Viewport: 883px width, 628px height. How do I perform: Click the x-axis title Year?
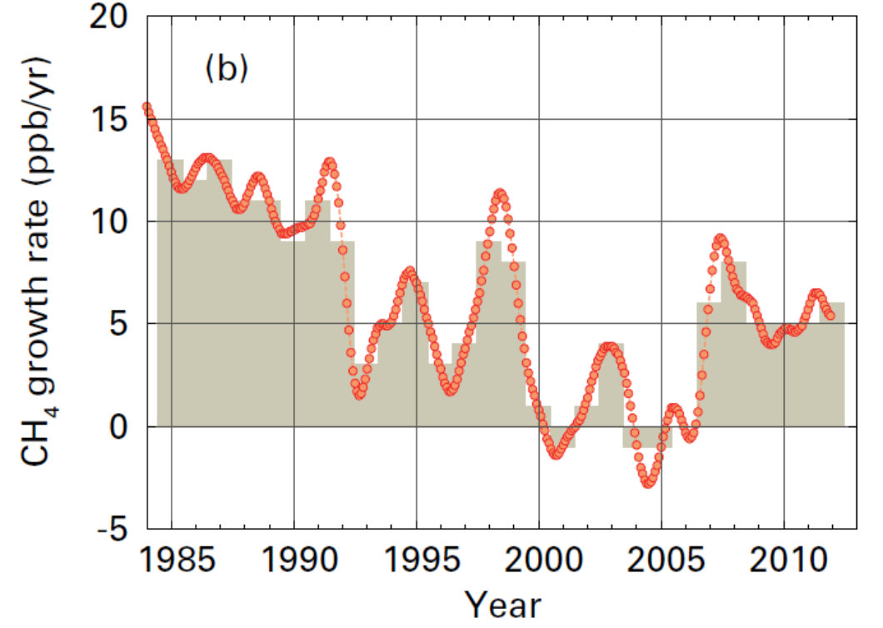tap(502, 605)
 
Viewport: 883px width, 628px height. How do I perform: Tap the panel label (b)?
tap(226, 70)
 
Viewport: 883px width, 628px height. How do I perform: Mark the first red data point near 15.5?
tap(147, 107)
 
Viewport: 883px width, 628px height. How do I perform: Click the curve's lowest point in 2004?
tap(648, 483)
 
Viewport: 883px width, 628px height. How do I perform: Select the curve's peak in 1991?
tap(330, 162)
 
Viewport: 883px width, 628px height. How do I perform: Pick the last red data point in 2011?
tap(829, 316)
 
